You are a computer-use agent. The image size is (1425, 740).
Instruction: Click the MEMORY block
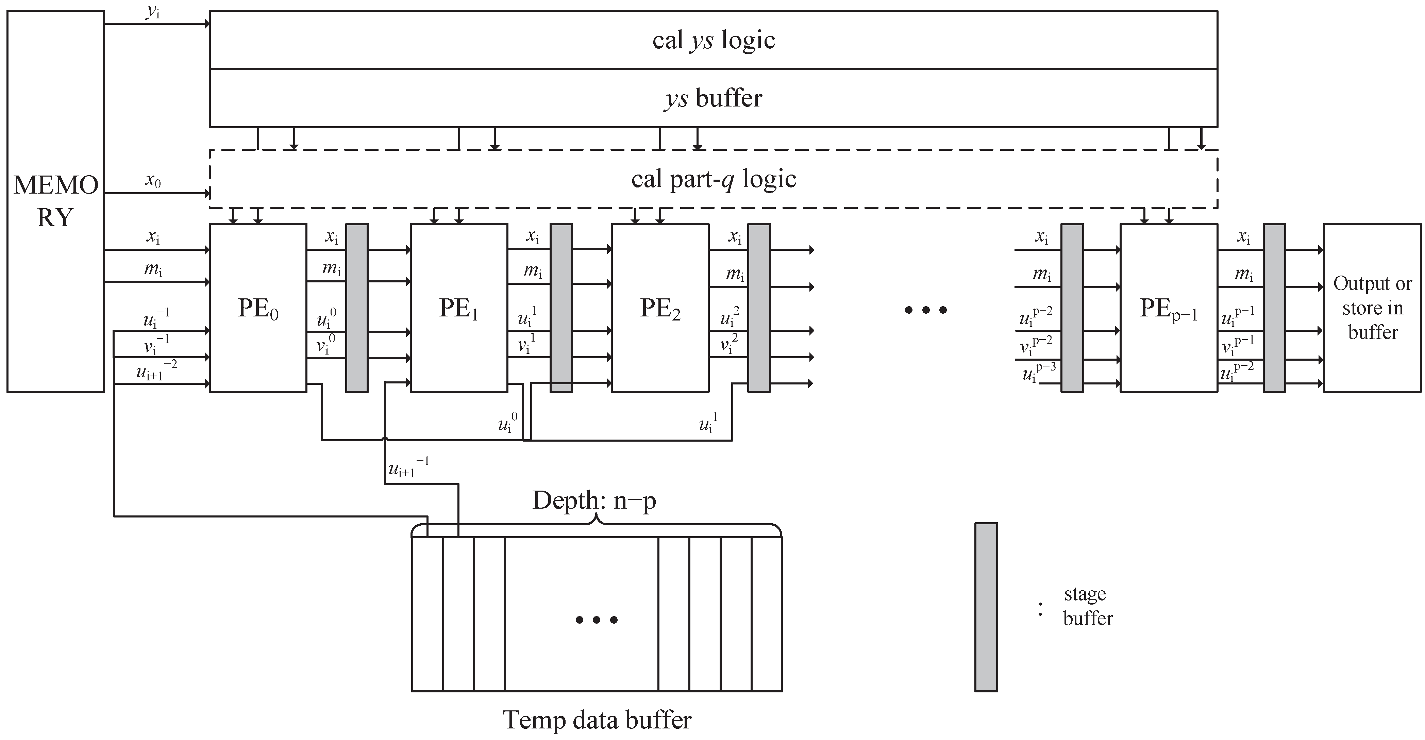(x=55, y=201)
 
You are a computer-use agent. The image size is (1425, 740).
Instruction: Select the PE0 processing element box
(x=258, y=308)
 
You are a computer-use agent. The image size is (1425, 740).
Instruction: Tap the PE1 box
(x=458, y=308)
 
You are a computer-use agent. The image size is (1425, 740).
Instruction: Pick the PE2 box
(x=660, y=308)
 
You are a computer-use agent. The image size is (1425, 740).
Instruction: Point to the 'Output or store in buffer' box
(x=1372, y=308)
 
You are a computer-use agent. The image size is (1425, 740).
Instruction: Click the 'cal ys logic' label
(x=714, y=40)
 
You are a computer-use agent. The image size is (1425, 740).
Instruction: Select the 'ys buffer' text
(x=714, y=98)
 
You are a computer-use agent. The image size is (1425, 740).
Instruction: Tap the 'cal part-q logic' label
(x=714, y=179)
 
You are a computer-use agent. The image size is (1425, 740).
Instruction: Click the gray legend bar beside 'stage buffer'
(x=986, y=607)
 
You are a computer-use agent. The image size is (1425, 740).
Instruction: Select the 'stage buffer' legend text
(x=1087, y=606)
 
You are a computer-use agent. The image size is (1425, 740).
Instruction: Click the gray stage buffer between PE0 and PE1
(x=357, y=308)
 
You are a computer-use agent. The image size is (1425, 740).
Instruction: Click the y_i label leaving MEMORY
(x=153, y=12)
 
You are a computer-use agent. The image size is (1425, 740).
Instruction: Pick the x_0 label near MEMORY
(x=153, y=180)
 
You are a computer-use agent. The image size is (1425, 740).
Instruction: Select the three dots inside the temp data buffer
(x=596, y=620)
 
